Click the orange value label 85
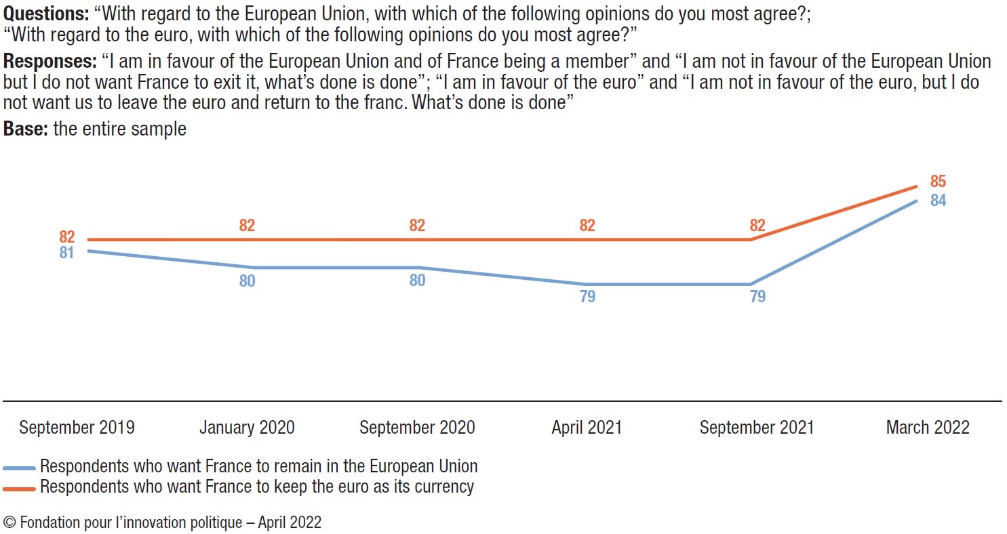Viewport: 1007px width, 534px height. tap(938, 182)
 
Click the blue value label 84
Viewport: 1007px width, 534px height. tap(938, 201)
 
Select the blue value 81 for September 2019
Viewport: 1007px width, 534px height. tap(66, 253)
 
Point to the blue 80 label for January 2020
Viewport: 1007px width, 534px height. tap(247, 281)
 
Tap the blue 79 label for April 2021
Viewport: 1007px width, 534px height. tap(587, 296)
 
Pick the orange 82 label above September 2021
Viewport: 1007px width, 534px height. tap(757, 226)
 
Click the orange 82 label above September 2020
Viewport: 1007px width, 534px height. tap(417, 226)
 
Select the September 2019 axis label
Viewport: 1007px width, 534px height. tap(77, 428)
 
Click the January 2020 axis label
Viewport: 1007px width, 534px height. tap(247, 428)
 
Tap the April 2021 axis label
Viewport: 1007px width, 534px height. tap(587, 428)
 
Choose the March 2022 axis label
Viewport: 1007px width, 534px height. tap(928, 428)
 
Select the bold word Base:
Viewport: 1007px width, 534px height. tap(25, 128)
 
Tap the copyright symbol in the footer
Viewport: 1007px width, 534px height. tap(9, 522)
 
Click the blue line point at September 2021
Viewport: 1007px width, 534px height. tap(750, 284)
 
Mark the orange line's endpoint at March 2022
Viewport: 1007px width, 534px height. tap(917, 186)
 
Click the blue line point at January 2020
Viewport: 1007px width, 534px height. tap(254, 268)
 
